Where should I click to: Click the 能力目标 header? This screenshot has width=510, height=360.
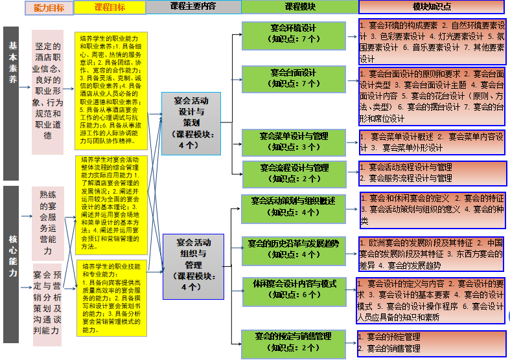coord(49,7)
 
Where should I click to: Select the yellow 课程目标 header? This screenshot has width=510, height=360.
coord(109,7)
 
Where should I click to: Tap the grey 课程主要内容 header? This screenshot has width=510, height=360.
coord(192,7)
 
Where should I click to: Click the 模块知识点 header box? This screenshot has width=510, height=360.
coord(432,7)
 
